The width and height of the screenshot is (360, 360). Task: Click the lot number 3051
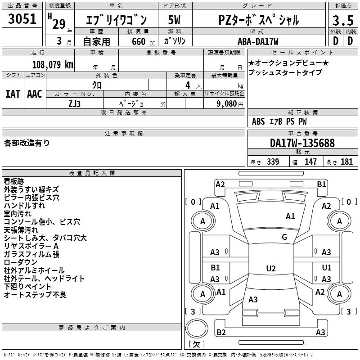[22, 19]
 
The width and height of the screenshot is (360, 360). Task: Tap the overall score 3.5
[342, 21]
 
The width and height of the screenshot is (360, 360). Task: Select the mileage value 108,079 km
[53, 64]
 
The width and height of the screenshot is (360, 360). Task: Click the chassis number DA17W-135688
[302, 143]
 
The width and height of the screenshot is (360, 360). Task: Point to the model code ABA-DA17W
[258, 41]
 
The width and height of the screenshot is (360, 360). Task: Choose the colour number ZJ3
[75, 104]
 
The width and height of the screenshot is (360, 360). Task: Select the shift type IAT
[13, 94]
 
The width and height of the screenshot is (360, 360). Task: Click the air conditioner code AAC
[34, 94]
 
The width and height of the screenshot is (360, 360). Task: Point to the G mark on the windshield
[284, 237]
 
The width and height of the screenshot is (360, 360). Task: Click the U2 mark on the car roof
[270, 269]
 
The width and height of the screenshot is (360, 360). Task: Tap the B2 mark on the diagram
[221, 333]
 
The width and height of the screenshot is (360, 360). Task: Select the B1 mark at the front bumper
[321, 184]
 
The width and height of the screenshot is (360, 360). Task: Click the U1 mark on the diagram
[327, 268]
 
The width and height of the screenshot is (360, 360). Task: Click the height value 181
[347, 162]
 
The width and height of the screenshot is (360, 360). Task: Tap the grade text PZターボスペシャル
[258, 20]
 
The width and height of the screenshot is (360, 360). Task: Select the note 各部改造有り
[27, 143]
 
